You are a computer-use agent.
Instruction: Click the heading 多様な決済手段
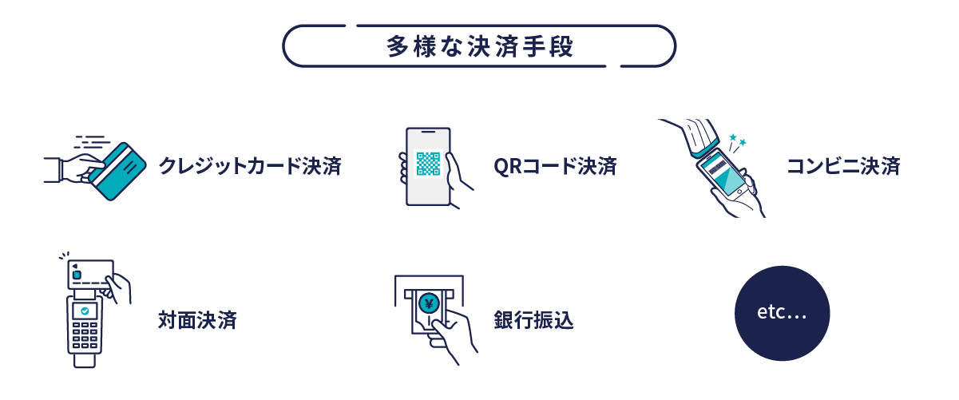(479, 46)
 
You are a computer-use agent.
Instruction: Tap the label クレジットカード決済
(250, 166)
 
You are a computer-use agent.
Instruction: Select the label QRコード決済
(555, 166)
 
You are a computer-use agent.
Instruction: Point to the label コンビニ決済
(843, 166)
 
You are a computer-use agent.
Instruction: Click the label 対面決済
(197, 320)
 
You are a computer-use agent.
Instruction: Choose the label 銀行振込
(533, 320)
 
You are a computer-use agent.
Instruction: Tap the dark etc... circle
(783, 313)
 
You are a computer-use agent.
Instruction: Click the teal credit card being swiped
(117, 172)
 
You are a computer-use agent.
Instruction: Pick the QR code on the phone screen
(428, 164)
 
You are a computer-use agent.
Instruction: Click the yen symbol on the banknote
(429, 303)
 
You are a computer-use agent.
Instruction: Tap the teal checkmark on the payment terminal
(85, 311)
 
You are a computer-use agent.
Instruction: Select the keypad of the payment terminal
(85, 335)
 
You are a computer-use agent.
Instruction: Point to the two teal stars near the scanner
(738, 140)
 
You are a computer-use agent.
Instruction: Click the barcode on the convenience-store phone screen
(718, 168)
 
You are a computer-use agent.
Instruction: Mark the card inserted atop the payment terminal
(91, 274)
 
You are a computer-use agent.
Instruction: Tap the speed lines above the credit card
(92, 142)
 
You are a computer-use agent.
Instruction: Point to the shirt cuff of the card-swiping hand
(53, 170)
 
